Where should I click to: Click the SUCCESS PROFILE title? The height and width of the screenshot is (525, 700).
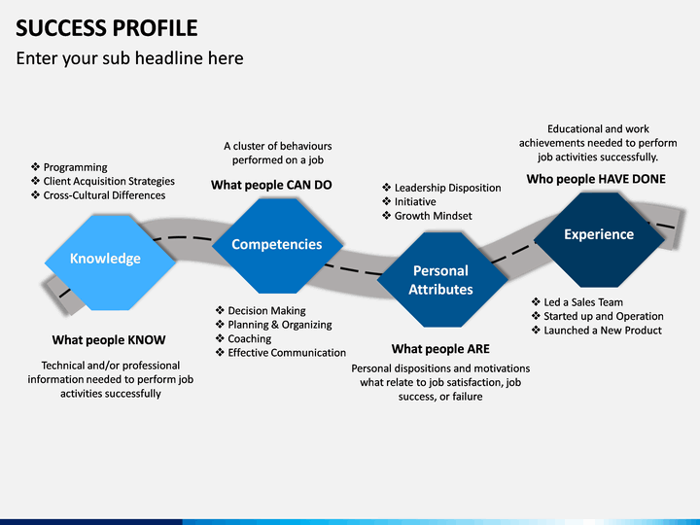point(107,28)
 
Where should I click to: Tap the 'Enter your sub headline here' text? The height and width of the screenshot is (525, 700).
point(130,58)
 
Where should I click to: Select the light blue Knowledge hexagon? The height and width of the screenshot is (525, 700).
point(110,262)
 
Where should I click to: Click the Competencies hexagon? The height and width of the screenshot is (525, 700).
point(277,246)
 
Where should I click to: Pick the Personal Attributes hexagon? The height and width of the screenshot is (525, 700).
point(442,279)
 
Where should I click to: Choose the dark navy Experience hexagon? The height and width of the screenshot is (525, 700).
point(599,240)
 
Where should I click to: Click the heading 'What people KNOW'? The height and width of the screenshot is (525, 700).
point(109,340)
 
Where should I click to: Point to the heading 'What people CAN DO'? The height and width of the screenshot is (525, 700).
point(271,185)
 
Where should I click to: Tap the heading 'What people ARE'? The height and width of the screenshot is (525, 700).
point(440,349)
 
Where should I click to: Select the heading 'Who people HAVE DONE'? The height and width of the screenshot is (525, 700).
point(596,179)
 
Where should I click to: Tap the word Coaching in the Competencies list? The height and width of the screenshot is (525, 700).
point(250,339)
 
